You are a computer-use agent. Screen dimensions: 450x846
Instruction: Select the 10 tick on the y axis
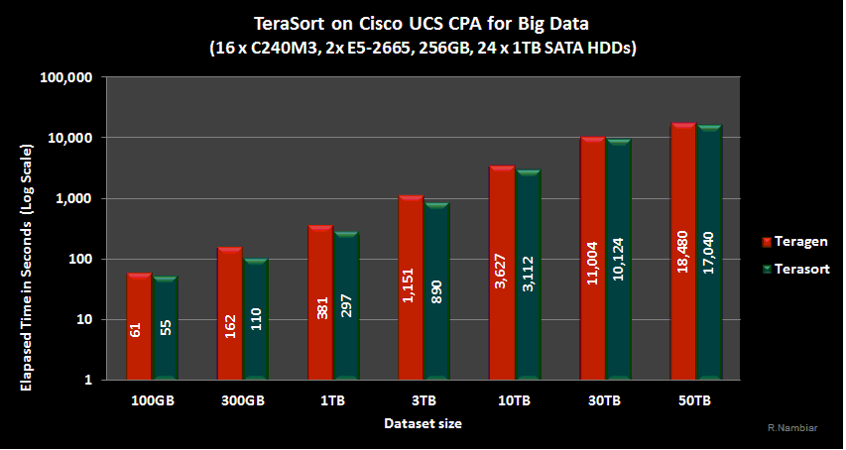tap(84, 319)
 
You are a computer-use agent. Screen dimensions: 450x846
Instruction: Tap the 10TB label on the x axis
tap(513, 401)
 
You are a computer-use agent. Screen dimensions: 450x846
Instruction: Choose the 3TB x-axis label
tap(423, 401)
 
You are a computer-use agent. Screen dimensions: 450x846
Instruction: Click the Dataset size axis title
tap(423, 423)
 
